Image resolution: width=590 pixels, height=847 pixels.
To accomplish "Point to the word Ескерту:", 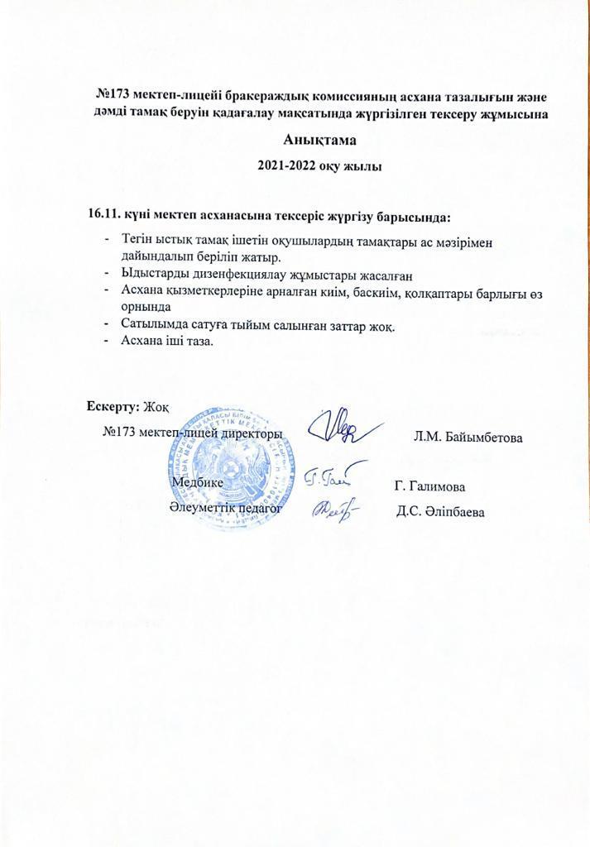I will pos(113,406).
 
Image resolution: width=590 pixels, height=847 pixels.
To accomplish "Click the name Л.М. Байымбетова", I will pos(468,436).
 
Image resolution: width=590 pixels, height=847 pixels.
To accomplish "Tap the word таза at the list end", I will pos(197,341).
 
